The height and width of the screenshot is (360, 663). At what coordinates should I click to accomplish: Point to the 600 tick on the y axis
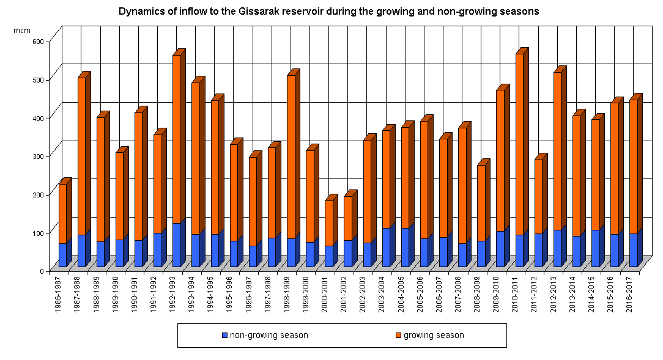[37, 41]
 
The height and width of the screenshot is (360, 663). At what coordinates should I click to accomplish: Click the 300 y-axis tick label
[37, 156]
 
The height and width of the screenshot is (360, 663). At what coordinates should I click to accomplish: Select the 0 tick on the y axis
[42, 271]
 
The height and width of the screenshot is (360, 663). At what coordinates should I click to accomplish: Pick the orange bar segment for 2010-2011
[520, 144]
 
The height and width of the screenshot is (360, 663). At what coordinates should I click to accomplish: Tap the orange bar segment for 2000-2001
[329, 223]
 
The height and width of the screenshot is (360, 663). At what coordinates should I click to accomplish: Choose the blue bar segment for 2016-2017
[634, 250]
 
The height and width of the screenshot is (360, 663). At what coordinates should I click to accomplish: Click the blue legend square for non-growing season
[225, 336]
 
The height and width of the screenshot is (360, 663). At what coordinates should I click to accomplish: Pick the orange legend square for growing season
[399, 336]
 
